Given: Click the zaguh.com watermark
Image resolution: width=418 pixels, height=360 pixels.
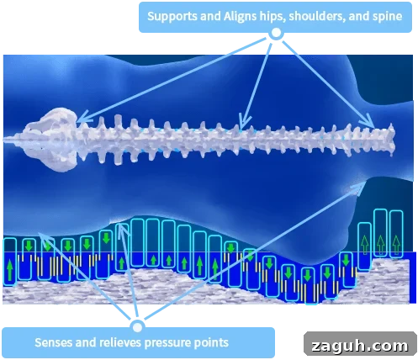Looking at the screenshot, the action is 360,346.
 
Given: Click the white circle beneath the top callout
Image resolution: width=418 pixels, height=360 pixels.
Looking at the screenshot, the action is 276,33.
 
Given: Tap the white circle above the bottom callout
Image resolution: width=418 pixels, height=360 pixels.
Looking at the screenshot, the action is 137,327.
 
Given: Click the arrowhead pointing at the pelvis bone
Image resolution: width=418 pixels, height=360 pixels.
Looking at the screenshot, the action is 83,119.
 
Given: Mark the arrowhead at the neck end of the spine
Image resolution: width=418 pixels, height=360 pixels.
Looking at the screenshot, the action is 369,121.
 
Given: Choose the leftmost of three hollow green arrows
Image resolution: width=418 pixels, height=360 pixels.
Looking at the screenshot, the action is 364,245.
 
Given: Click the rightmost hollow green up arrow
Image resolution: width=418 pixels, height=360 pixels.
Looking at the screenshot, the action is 396,245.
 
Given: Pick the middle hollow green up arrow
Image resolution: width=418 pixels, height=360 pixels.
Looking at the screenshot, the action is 380,245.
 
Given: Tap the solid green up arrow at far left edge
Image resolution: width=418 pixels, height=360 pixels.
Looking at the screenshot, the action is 10,270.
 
